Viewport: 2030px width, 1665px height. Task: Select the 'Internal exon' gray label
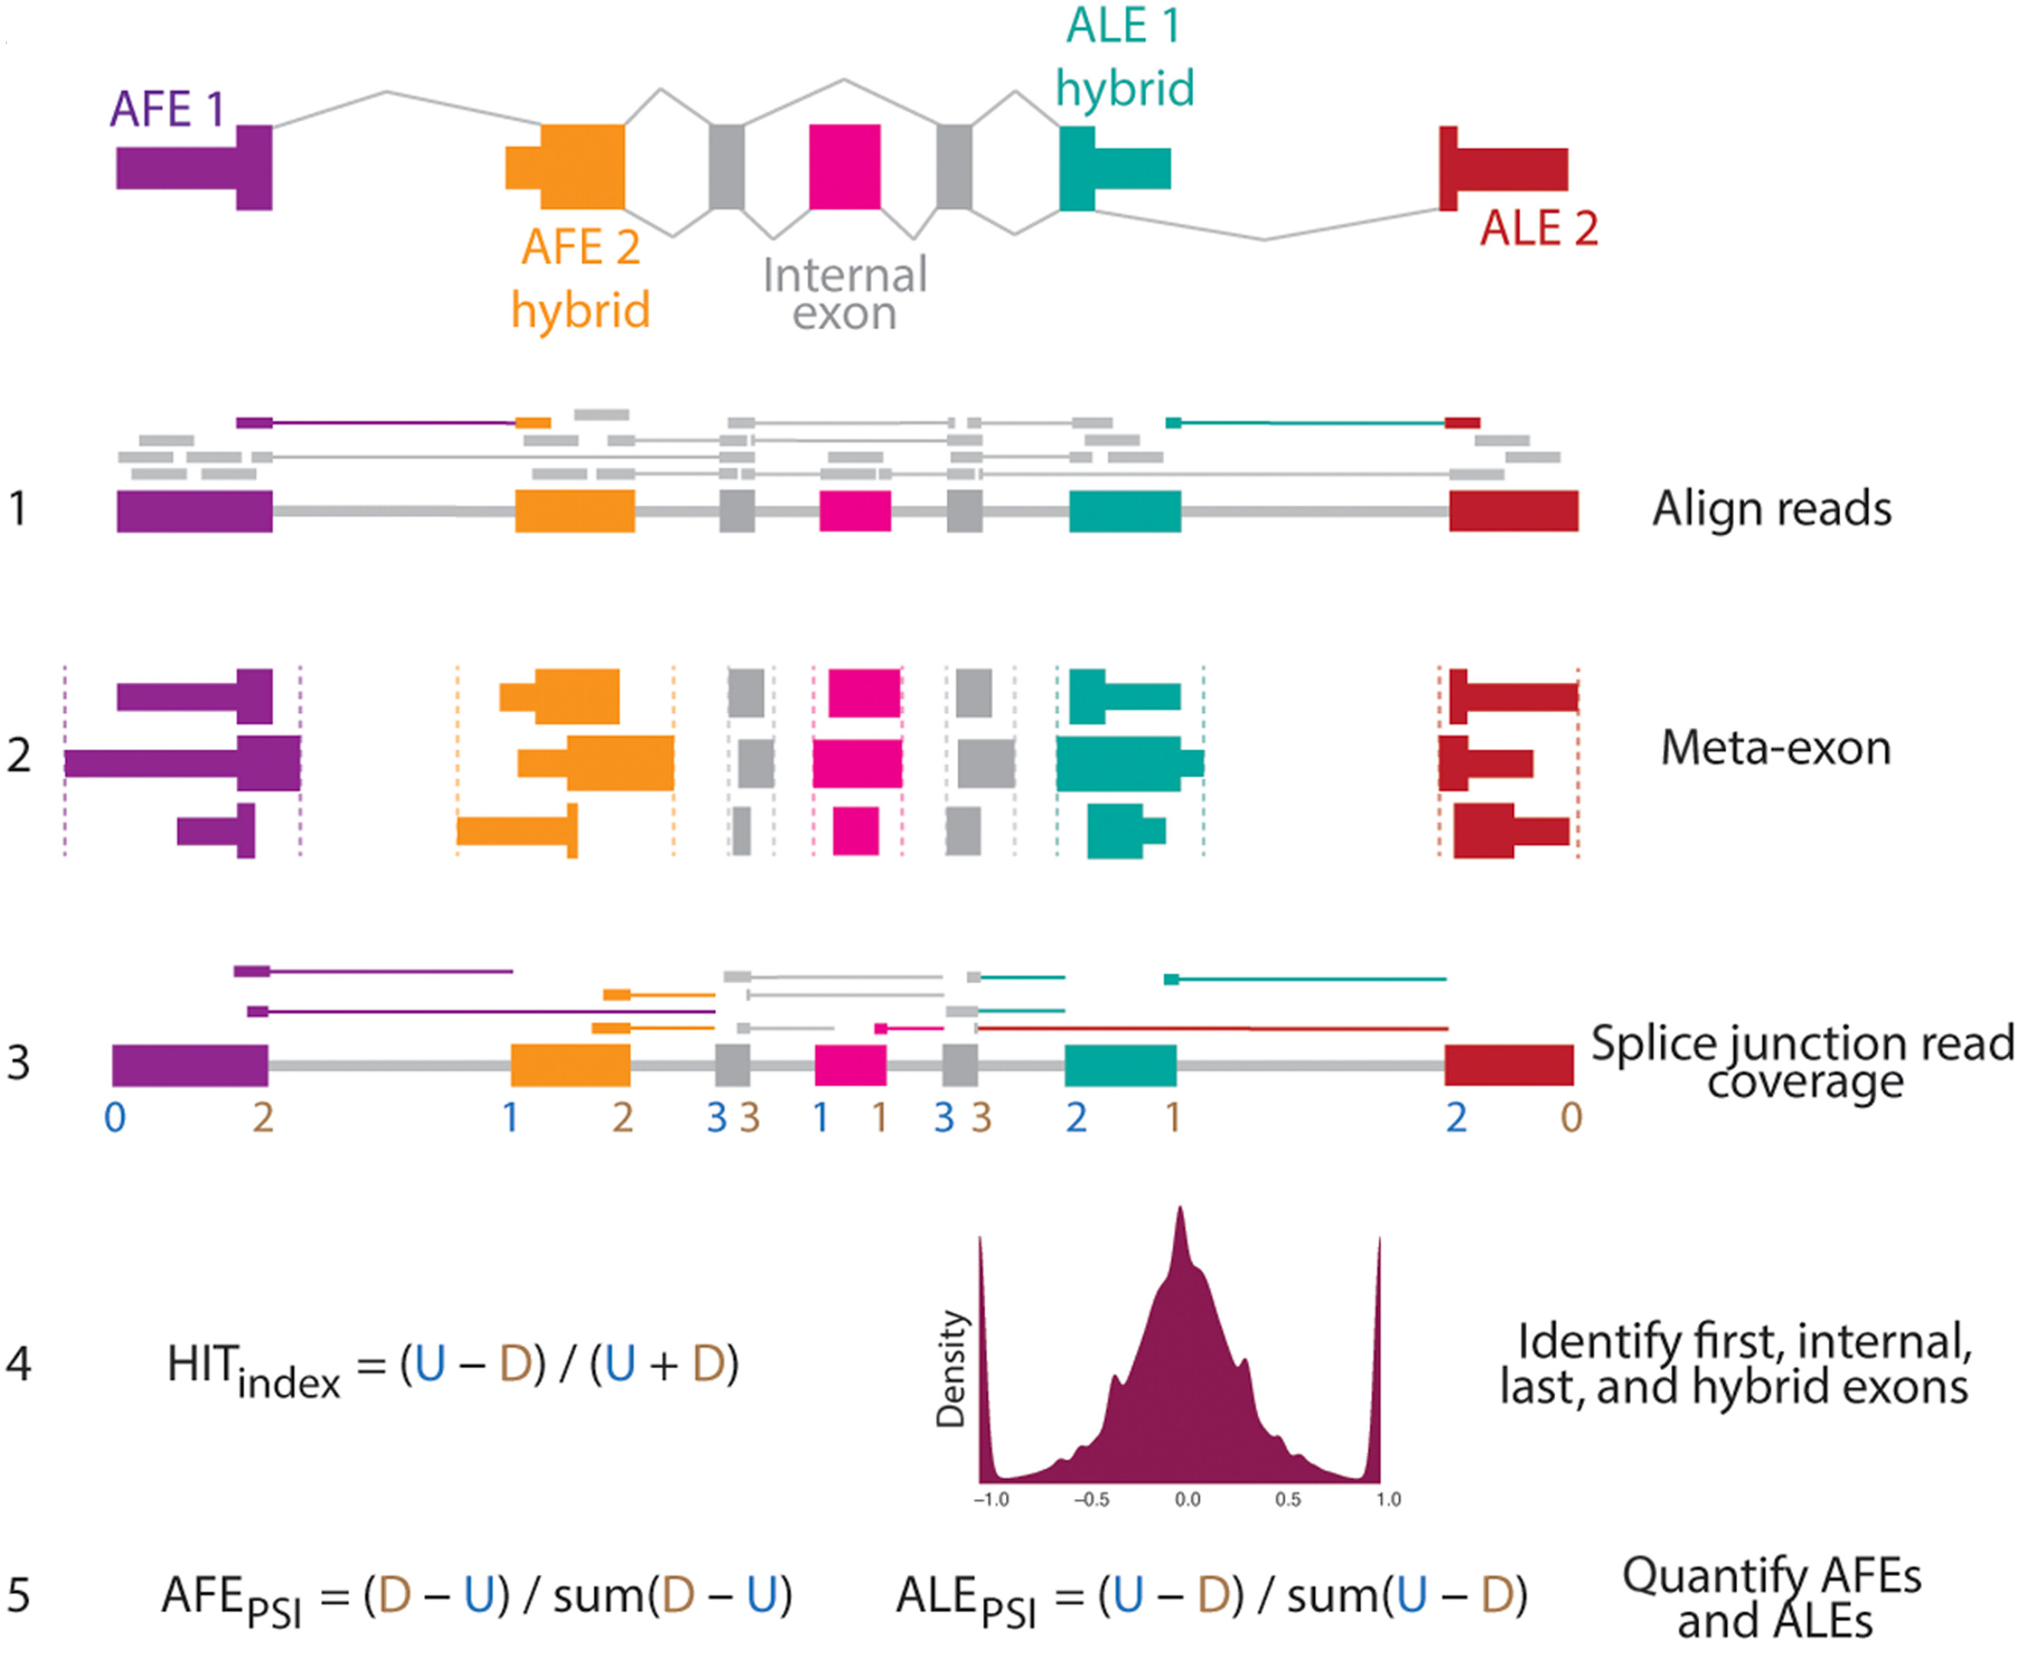(844, 293)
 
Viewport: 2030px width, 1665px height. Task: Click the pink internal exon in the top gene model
(844, 167)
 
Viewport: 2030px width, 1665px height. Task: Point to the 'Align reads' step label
(1771, 508)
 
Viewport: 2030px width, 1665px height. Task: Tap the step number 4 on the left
(19, 1363)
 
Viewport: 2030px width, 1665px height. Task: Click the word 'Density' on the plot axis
(951, 1369)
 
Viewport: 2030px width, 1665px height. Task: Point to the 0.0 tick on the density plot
(1186, 1499)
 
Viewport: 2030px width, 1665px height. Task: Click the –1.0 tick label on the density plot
(991, 1499)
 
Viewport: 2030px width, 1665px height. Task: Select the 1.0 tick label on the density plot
(1388, 1499)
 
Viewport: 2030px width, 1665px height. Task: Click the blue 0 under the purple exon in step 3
(114, 1118)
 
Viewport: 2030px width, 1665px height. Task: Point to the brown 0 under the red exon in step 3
(1571, 1118)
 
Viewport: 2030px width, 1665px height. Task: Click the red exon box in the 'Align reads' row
(1513, 510)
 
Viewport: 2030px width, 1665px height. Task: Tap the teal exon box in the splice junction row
(1120, 1064)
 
